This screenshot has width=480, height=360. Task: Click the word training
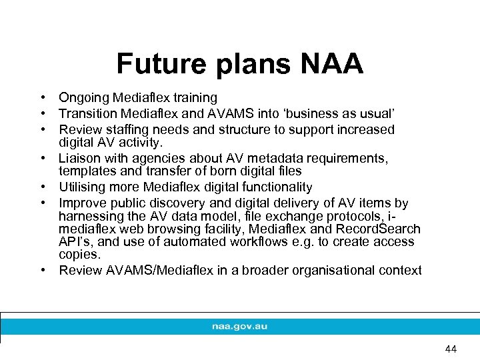(193, 98)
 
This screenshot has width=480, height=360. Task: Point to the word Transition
(86, 114)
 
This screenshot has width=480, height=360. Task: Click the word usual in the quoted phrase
(381, 114)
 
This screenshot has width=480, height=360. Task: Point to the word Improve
(81, 203)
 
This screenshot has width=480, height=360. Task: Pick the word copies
(77, 255)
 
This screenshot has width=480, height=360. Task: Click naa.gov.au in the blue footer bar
(239, 327)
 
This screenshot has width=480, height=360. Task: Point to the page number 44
(451, 349)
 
